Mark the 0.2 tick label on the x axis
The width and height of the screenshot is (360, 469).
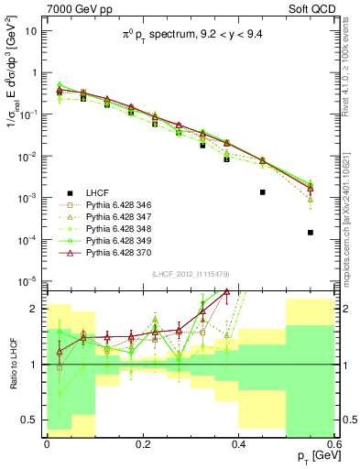coord(142,442)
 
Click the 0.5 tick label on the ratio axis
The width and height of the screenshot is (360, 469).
coord(32,420)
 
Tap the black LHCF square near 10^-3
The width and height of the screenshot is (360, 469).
coord(263,192)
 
